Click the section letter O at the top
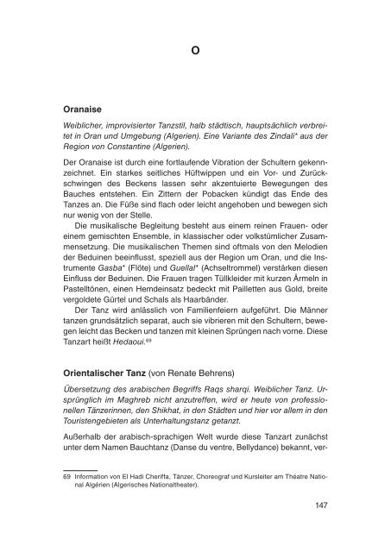195,50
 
